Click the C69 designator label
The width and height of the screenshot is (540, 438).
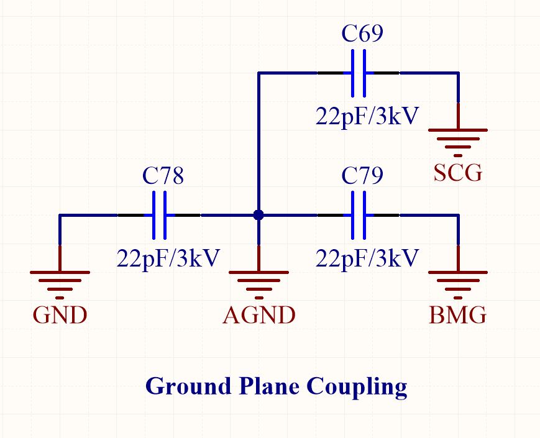click(362, 34)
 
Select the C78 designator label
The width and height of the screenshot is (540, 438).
click(163, 176)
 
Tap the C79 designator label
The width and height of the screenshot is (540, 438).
click(362, 176)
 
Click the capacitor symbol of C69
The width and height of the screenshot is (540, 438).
click(359, 73)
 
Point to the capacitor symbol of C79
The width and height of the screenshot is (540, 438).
click(359, 216)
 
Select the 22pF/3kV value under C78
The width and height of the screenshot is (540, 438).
click(168, 258)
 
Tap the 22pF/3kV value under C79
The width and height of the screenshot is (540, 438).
click(367, 258)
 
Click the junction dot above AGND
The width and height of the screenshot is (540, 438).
click(259, 216)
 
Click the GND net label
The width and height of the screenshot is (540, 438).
click(60, 316)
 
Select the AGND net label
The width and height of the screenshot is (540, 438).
click(259, 316)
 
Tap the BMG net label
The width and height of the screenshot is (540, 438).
click(458, 316)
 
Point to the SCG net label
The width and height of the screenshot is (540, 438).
click(458, 173)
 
